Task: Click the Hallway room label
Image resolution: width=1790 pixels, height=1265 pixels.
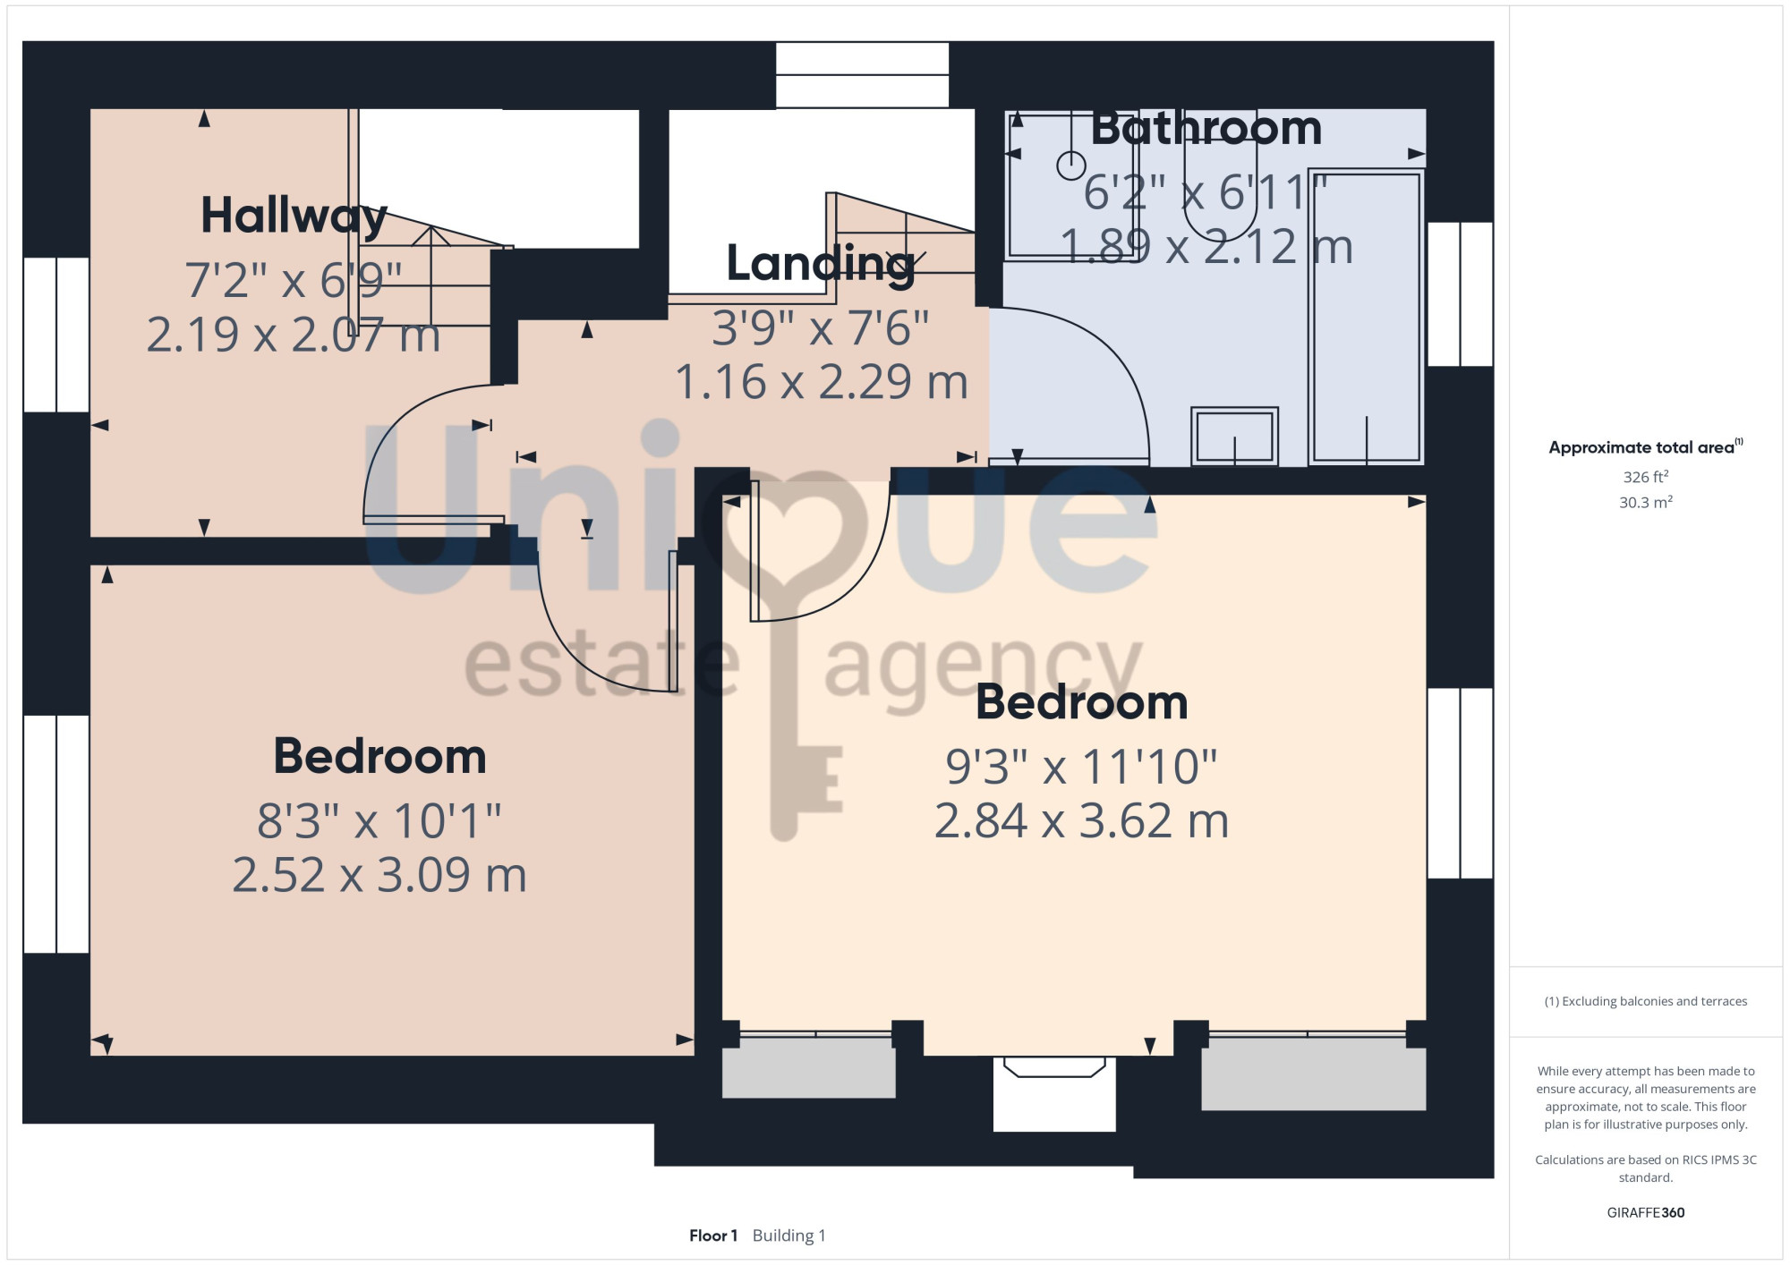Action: [x=294, y=216]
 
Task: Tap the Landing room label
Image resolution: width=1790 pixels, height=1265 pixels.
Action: [x=821, y=264]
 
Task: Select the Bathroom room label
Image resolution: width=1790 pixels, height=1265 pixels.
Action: [x=1206, y=129]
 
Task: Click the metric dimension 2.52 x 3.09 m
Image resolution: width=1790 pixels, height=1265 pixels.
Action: [x=379, y=875]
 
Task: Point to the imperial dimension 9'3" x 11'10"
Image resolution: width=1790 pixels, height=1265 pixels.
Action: [x=1081, y=767]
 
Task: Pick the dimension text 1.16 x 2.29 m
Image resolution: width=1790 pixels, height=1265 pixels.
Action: [x=821, y=382]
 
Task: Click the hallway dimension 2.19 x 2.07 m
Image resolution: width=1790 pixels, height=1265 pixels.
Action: [x=294, y=335]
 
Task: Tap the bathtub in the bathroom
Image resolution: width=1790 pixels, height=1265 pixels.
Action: [x=1366, y=317]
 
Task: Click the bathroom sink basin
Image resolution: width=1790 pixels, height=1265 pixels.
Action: [x=1234, y=437]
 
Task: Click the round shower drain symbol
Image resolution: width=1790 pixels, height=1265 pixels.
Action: [x=1071, y=166]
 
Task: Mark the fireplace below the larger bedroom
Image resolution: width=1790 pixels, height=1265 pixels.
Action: [x=1054, y=1093]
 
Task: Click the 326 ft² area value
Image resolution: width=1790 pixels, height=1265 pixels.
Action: [x=1645, y=477]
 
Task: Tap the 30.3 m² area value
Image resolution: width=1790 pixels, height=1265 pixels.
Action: [x=1645, y=502]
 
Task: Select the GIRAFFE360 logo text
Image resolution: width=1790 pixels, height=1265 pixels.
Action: [x=1645, y=1213]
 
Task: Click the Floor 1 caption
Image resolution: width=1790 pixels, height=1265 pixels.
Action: [x=713, y=1235]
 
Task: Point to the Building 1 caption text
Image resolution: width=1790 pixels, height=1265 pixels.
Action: [x=788, y=1235]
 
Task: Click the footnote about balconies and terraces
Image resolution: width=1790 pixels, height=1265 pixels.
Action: [x=1645, y=1001]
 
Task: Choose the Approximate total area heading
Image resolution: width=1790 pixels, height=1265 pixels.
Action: [x=1645, y=447]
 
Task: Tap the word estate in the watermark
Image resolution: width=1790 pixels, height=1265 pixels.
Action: [x=601, y=666]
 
